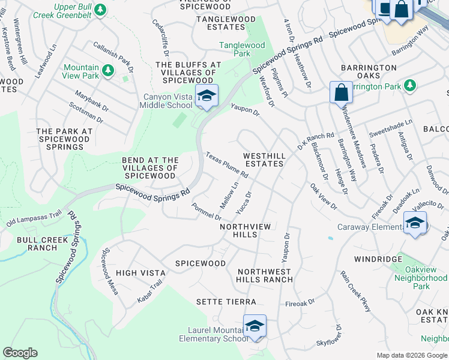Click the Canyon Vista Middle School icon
tap(206, 96)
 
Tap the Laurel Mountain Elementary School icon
tap(255, 326)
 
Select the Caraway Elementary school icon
tap(415, 223)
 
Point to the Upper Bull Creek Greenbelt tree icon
tap(100, 10)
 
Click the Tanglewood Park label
tap(242, 49)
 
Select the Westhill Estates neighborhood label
tap(264, 160)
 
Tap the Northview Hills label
tap(247, 231)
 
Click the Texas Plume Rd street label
tap(227, 164)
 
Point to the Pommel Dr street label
tap(206, 211)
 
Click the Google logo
tap(20, 353)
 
